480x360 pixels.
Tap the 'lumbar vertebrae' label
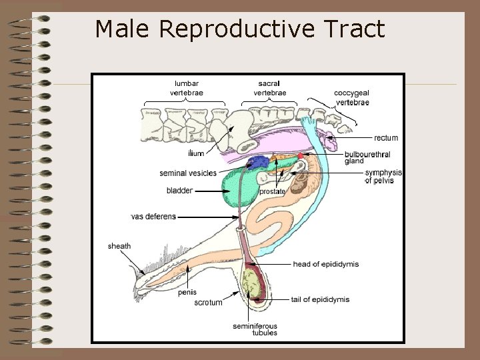(187, 88)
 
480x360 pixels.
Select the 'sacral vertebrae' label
(270, 88)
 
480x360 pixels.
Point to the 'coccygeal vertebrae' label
(351, 97)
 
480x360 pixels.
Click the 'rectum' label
(386, 138)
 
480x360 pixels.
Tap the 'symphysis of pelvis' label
(383, 177)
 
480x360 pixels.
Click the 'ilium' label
(196, 153)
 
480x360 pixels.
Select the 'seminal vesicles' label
(188, 173)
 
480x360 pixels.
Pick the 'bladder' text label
(179, 191)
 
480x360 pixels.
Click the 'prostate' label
(272, 191)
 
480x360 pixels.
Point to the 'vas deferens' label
(153, 217)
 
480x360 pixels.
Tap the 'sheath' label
(119, 246)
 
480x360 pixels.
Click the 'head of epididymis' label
(325, 264)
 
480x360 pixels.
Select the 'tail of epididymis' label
(320, 299)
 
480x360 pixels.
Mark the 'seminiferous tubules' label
(255, 329)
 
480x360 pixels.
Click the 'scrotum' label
(208, 303)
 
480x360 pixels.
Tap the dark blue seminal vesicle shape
(259, 161)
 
